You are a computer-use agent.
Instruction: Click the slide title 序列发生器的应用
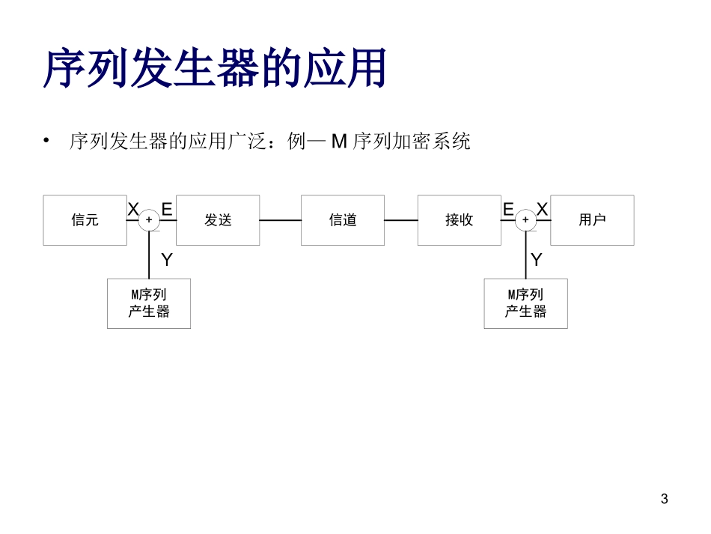pos(216,69)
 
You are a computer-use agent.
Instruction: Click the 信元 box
pos(85,220)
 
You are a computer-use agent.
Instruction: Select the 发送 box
pos(218,220)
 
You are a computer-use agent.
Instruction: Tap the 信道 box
pos(343,220)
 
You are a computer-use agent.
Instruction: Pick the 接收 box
pos(459,220)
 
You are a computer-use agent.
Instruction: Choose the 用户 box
pos(592,220)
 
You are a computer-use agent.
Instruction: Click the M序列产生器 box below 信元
pos(149,303)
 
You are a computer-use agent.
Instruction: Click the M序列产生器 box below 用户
pos(525,303)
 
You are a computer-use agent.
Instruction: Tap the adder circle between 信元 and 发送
pos(149,220)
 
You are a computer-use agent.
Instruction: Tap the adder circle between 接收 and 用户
pos(525,220)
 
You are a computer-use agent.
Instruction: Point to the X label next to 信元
pos(133,210)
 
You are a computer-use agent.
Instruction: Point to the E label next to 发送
pos(167,210)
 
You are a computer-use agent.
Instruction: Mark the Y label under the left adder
pos(167,260)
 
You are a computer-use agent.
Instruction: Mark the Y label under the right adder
pos(537,260)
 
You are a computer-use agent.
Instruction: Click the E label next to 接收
pos(508,210)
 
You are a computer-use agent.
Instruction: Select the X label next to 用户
pos(543,210)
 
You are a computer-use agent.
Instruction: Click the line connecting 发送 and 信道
pos(280,220)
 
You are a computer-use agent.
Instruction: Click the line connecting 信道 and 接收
pos(401,220)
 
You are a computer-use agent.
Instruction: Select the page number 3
pos(665,499)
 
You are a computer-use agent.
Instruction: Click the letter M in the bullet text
pos(340,141)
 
